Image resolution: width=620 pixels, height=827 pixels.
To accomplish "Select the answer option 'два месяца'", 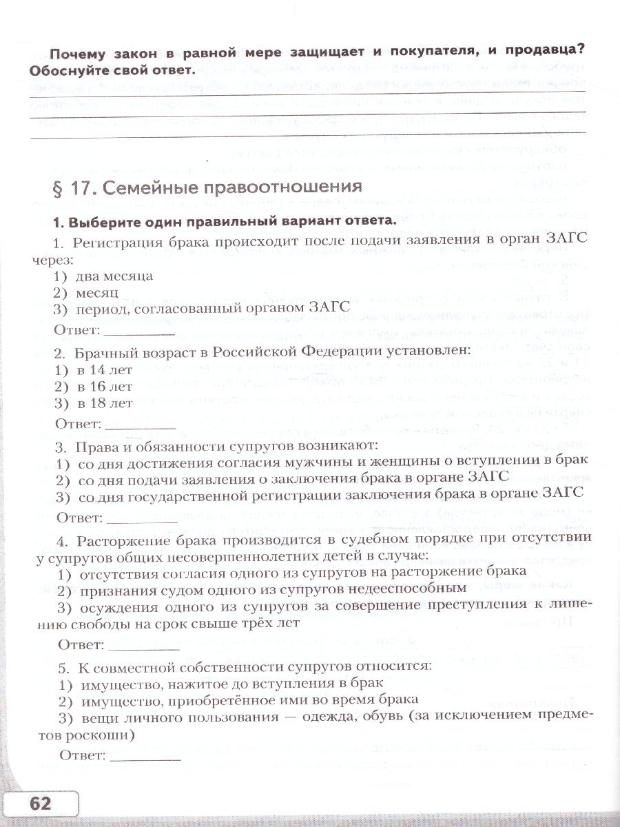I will [x=114, y=276].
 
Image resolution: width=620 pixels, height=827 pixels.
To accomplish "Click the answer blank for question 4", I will [x=144, y=646].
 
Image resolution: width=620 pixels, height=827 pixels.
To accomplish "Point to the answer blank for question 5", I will [x=145, y=755].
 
